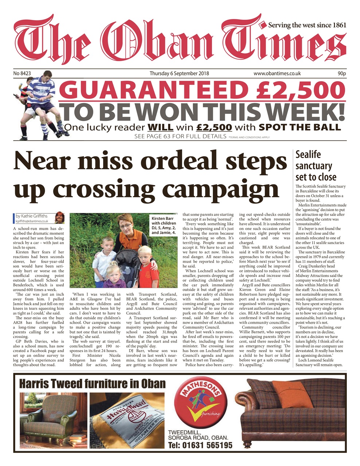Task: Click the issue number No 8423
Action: [x=22, y=74]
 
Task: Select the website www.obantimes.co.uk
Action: [x=277, y=74]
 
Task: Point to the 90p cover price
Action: [x=341, y=74]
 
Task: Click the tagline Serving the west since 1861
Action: [x=307, y=25]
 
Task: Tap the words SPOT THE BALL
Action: [x=300, y=127]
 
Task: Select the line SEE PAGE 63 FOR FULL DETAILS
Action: [x=180, y=137]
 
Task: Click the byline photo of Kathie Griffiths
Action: [x=59, y=218]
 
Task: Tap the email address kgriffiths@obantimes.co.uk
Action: [x=32, y=221]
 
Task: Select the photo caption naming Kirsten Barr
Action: [x=164, y=226]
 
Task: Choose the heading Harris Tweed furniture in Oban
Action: [x=92, y=383]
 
